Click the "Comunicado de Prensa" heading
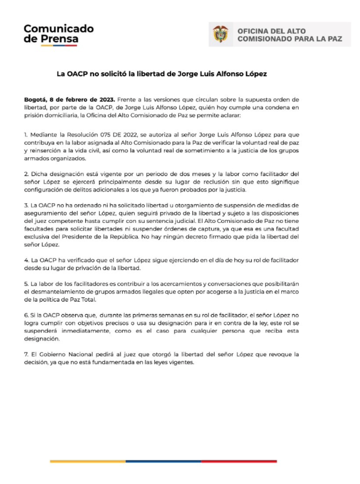tap(58, 34)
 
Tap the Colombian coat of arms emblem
tap(221, 35)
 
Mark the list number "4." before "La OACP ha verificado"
tap(27, 261)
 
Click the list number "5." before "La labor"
tap(27, 284)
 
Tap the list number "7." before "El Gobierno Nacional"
tap(27, 354)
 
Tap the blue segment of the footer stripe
tap(163, 461)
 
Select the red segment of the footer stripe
tap(238, 461)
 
